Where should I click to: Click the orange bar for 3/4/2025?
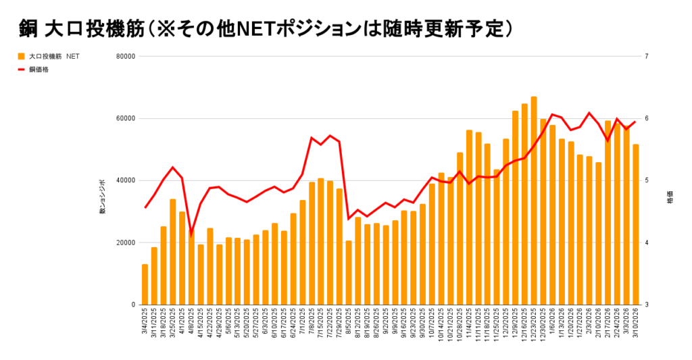click(x=145, y=284)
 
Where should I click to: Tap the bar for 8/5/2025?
click(x=349, y=273)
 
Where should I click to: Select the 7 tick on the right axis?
click(x=666, y=56)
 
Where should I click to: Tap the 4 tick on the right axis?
click(x=666, y=242)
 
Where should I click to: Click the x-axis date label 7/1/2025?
click(x=303, y=324)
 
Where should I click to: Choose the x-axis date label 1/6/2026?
click(x=553, y=324)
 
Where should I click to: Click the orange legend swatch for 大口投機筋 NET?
click(x=21, y=57)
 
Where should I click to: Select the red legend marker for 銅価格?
click(x=21, y=69)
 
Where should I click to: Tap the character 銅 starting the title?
click(x=28, y=29)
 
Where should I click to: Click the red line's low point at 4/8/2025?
click(x=191, y=234)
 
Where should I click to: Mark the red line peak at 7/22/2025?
click(x=330, y=136)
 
